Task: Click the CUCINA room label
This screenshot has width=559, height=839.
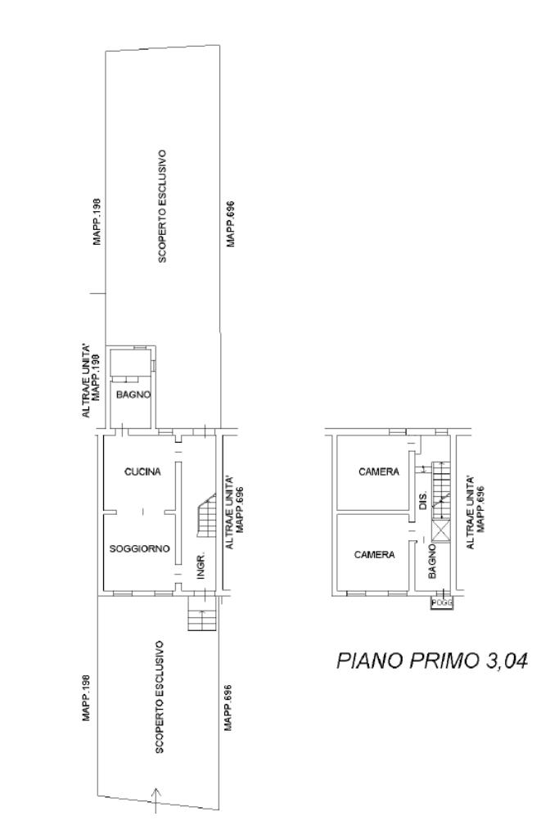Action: point(142,471)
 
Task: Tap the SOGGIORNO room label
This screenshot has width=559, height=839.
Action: point(140,548)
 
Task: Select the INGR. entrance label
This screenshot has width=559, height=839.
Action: point(201,566)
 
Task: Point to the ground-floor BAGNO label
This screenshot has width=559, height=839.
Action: point(133,395)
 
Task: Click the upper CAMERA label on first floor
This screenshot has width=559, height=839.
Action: point(379,471)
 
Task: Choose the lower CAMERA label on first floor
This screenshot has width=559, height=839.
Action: point(375,555)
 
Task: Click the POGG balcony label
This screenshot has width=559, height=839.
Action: point(442,602)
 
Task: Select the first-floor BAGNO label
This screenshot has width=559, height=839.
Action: point(432,562)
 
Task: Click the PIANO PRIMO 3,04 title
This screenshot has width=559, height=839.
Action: point(432,661)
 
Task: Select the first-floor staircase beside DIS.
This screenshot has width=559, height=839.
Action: point(442,490)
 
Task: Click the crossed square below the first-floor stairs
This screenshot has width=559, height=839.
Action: point(442,531)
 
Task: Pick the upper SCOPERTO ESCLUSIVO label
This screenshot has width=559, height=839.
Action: point(163,206)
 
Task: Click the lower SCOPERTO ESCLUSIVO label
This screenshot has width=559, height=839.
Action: point(159,697)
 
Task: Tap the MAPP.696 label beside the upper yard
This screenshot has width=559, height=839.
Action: point(231,223)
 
